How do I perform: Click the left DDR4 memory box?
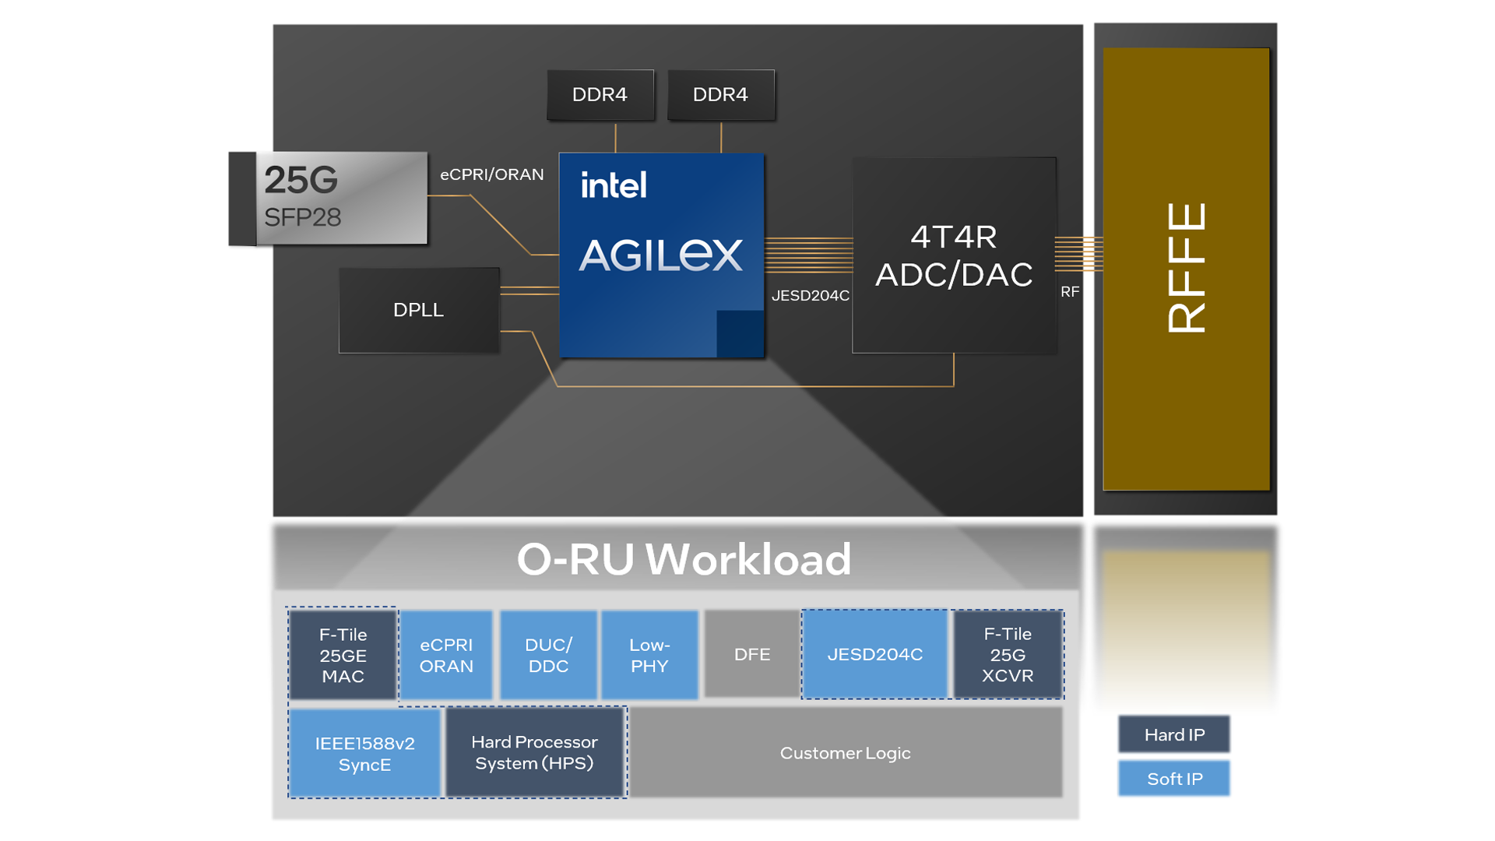tap(600, 95)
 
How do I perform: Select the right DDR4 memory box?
tap(720, 95)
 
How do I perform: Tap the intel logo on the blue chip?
tap(614, 185)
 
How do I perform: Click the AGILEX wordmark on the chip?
tap(660, 255)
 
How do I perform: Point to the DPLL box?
tap(419, 310)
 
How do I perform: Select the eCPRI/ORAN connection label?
tap(491, 174)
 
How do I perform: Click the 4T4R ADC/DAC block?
tap(954, 255)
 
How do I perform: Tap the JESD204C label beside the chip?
tap(810, 296)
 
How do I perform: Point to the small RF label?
tap(1070, 292)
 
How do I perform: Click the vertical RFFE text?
tap(1186, 269)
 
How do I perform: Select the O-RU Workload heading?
tap(684, 559)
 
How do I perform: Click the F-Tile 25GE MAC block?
tap(343, 655)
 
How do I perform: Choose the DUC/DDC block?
tap(548, 655)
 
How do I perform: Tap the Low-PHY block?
tap(649, 655)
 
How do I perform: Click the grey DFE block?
tap(751, 655)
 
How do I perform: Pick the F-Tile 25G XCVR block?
tap(1008, 655)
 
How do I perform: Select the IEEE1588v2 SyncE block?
tap(364, 753)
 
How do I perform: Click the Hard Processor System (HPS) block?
tap(534, 753)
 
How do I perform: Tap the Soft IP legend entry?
tap(1173, 779)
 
